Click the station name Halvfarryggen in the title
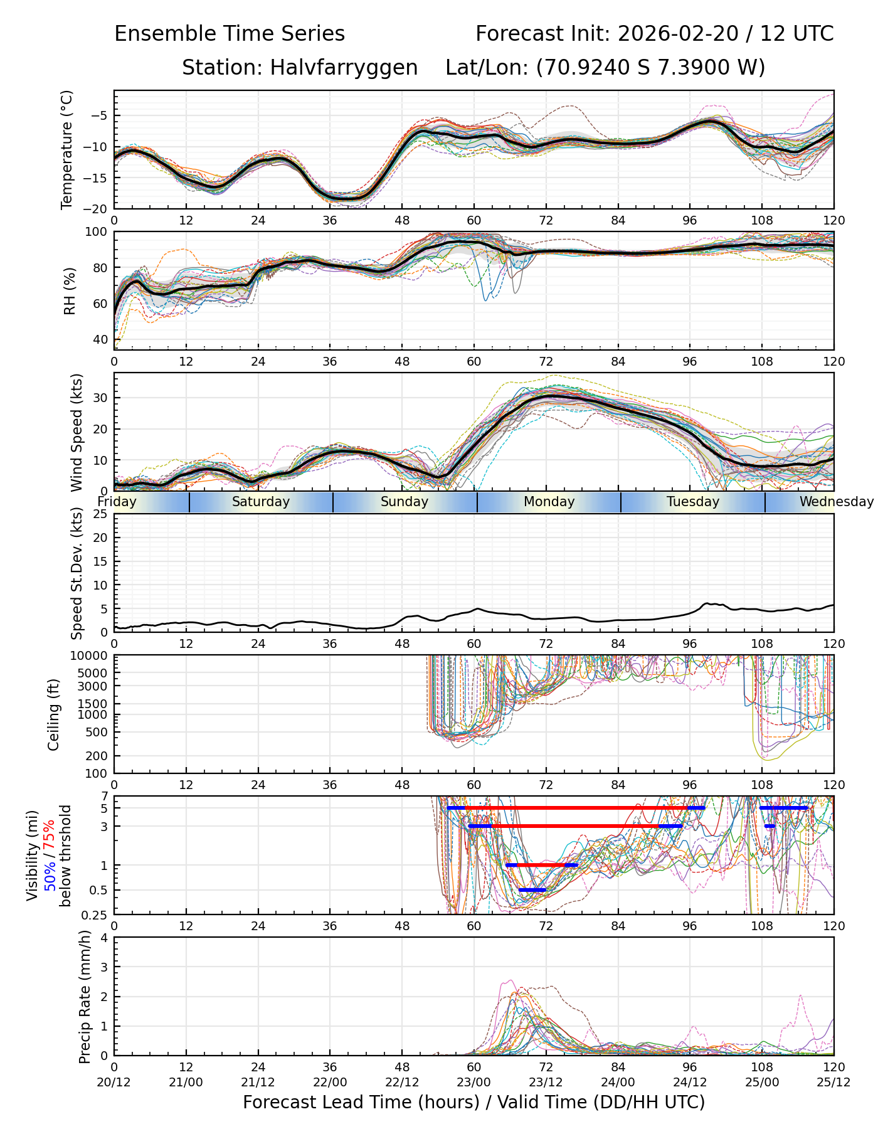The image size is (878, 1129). click(x=344, y=68)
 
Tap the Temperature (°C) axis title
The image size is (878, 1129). click(x=66, y=149)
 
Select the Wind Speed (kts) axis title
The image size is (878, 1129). click(x=77, y=432)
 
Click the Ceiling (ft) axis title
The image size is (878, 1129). click(x=54, y=714)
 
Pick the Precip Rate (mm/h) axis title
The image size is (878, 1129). click(x=85, y=997)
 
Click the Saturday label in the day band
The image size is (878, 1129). click(x=261, y=502)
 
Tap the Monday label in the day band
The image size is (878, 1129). click(x=549, y=502)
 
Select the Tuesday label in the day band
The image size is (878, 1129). click(x=693, y=502)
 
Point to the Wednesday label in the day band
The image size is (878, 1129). click(x=836, y=502)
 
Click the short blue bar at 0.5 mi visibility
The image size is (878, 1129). click(x=532, y=890)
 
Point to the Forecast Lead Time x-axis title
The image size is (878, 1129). click(x=474, y=1102)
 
